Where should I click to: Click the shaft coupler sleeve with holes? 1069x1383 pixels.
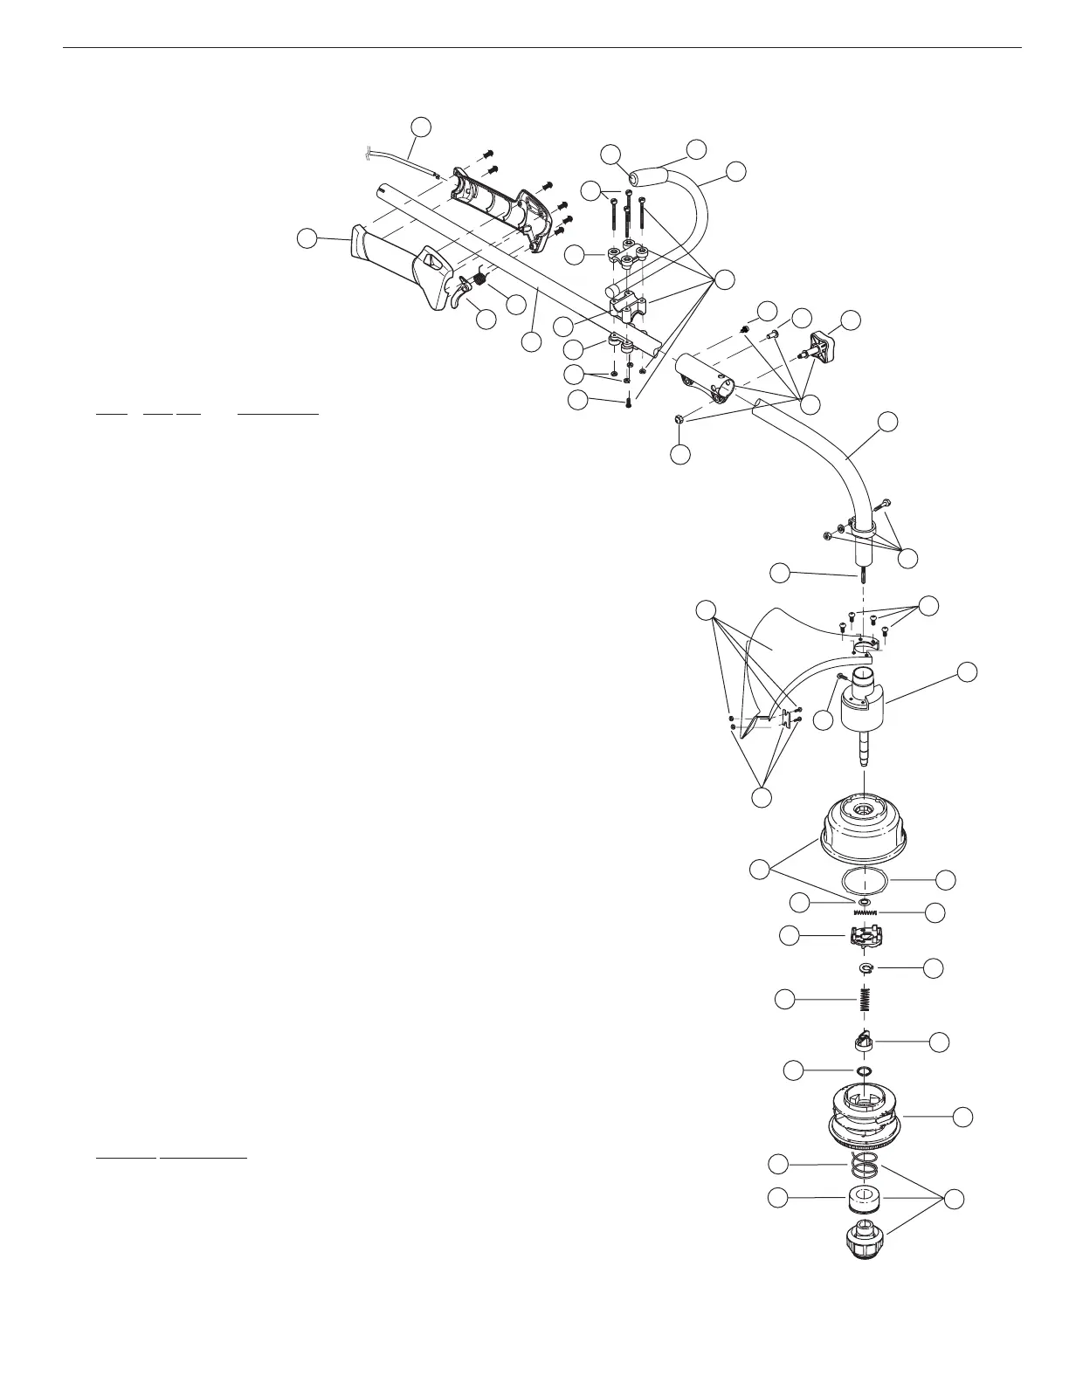point(707,379)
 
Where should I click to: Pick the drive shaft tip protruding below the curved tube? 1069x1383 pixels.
point(864,576)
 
